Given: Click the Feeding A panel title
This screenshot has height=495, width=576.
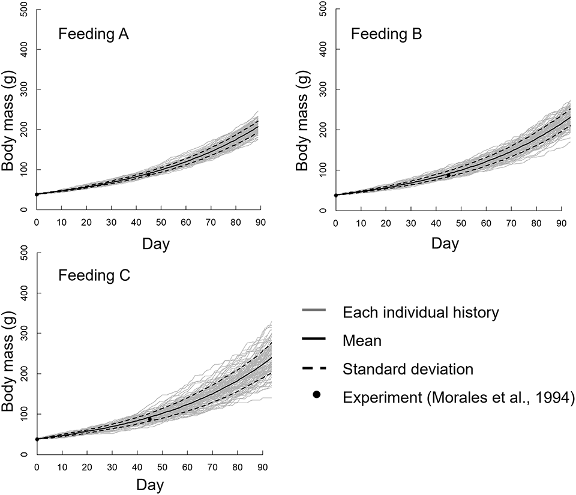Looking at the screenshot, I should click(x=94, y=34).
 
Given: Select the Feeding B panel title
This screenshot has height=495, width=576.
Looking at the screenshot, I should click(x=386, y=34).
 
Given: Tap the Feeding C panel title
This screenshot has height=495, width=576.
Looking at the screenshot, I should click(x=94, y=278).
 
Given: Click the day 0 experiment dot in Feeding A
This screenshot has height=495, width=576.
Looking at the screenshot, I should click(x=37, y=194).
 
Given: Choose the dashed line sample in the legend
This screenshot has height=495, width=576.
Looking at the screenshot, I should click(x=312, y=368).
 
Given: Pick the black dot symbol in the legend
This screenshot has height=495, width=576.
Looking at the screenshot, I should click(x=312, y=397).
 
